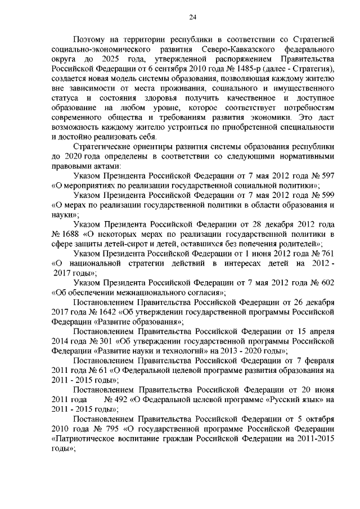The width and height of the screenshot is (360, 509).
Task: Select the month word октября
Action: tap(318, 420)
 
